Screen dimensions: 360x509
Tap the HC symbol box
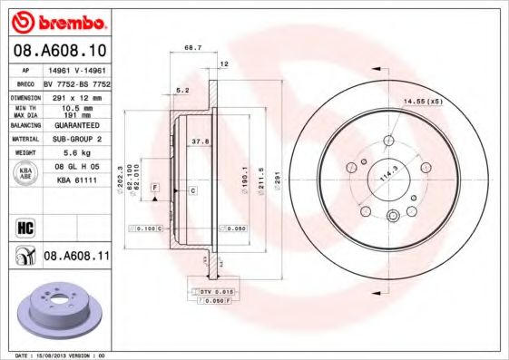(24, 227)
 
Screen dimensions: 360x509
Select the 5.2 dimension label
(181, 90)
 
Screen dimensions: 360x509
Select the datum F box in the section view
(155, 186)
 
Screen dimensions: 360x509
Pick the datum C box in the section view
(192, 190)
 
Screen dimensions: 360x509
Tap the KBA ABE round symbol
(24, 173)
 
